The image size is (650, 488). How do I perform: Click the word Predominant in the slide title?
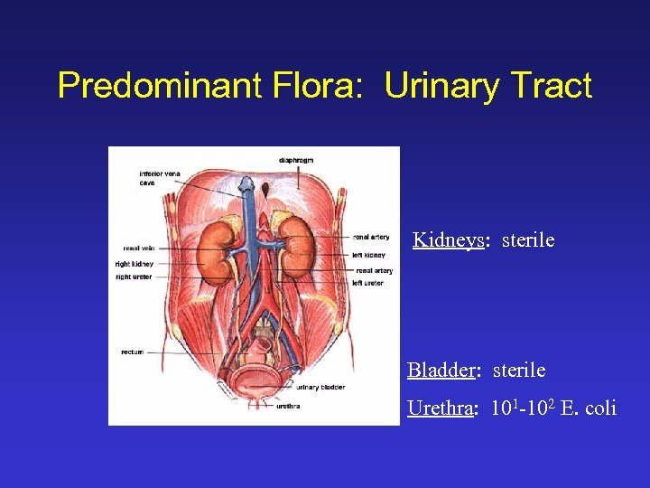(144, 86)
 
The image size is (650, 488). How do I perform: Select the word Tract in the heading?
(551, 86)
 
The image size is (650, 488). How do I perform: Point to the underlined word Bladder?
(441, 371)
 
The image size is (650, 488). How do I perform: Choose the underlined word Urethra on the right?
(441, 408)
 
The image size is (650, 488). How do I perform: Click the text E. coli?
(588, 408)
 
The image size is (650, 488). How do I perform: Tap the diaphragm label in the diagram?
(296, 160)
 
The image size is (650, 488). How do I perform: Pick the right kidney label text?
(135, 264)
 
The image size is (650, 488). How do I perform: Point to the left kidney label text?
(369, 255)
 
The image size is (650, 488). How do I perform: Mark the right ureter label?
(135, 277)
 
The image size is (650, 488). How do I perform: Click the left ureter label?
(368, 283)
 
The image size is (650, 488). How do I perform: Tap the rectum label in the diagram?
(132, 352)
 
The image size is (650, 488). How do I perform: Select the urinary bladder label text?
(320, 387)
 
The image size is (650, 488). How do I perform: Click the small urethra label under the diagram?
(288, 406)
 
